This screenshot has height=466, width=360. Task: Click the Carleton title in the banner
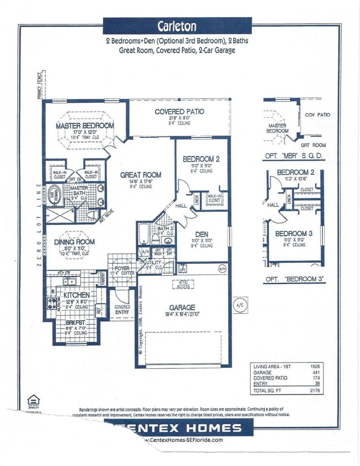(177, 26)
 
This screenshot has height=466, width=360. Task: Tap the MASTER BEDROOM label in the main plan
(85, 125)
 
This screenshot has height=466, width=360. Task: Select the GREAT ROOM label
(141, 175)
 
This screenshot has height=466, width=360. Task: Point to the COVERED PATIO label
(179, 111)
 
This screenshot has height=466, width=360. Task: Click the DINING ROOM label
(74, 242)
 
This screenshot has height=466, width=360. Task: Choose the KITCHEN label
(76, 295)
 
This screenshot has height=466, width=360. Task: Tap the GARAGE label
(182, 308)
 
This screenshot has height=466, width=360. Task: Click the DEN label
(201, 234)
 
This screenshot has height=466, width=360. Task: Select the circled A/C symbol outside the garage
(240, 305)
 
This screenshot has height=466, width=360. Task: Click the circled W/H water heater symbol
(222, 269)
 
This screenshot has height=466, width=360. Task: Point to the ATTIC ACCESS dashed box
(183, 284)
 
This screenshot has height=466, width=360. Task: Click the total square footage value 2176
(315, 390)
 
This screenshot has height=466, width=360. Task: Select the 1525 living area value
(315, 367)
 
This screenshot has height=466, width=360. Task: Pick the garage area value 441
(316, 372)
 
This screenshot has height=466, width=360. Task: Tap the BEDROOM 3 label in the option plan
(294, 233)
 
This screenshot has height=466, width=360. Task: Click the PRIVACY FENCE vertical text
(39, 86)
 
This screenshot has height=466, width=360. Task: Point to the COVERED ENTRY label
(122, 309)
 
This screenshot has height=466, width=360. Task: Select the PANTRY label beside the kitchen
(103, 280)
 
